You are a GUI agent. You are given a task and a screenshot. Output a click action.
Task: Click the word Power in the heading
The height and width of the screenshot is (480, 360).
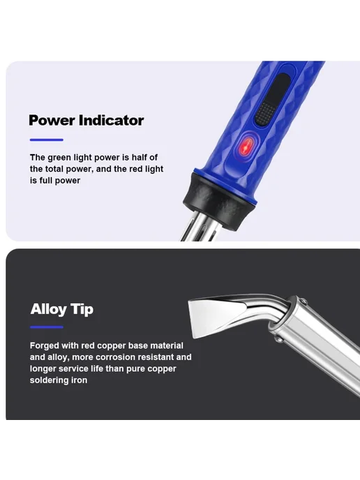pyautogui.click(x=52, y=121)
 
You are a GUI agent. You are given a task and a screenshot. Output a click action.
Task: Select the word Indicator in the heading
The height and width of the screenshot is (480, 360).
pyautogui.click(x=111, y=120)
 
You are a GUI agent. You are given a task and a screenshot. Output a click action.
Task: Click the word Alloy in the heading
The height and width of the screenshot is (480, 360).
pyautogui.click(x=48, y=309)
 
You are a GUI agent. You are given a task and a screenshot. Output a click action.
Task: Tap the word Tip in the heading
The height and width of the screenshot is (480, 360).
pyautogui.click(x=82, y=309)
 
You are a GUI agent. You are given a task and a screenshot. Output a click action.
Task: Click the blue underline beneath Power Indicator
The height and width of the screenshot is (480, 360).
pyautogui.click(x=47, y=140)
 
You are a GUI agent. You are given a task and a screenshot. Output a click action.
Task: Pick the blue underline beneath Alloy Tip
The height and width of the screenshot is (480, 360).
pyautogui.click(x=47, y=327)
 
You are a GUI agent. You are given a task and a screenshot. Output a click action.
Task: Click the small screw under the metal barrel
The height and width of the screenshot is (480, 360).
pyautogui.click(x=279, y=339)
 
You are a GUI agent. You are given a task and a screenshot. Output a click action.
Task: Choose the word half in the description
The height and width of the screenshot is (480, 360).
pyautogui.click(x=140, y=158)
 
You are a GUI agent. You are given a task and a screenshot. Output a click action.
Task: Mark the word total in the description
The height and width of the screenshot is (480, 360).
pyautogui.click(x=54, y=169)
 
